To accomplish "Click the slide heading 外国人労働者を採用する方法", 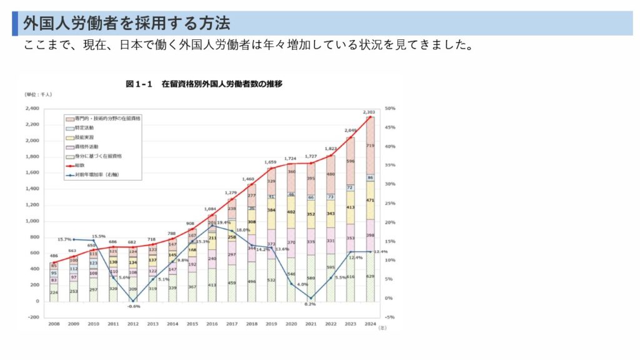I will [127, 24].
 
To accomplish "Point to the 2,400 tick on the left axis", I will [31, 108].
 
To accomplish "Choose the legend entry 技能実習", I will [84, 136].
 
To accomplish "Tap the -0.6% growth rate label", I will [133, 307].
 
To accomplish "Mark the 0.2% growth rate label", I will [311, 304].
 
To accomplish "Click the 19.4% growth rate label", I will [224, 223].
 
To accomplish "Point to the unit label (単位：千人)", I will [39, 94].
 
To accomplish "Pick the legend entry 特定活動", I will [84, 127].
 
